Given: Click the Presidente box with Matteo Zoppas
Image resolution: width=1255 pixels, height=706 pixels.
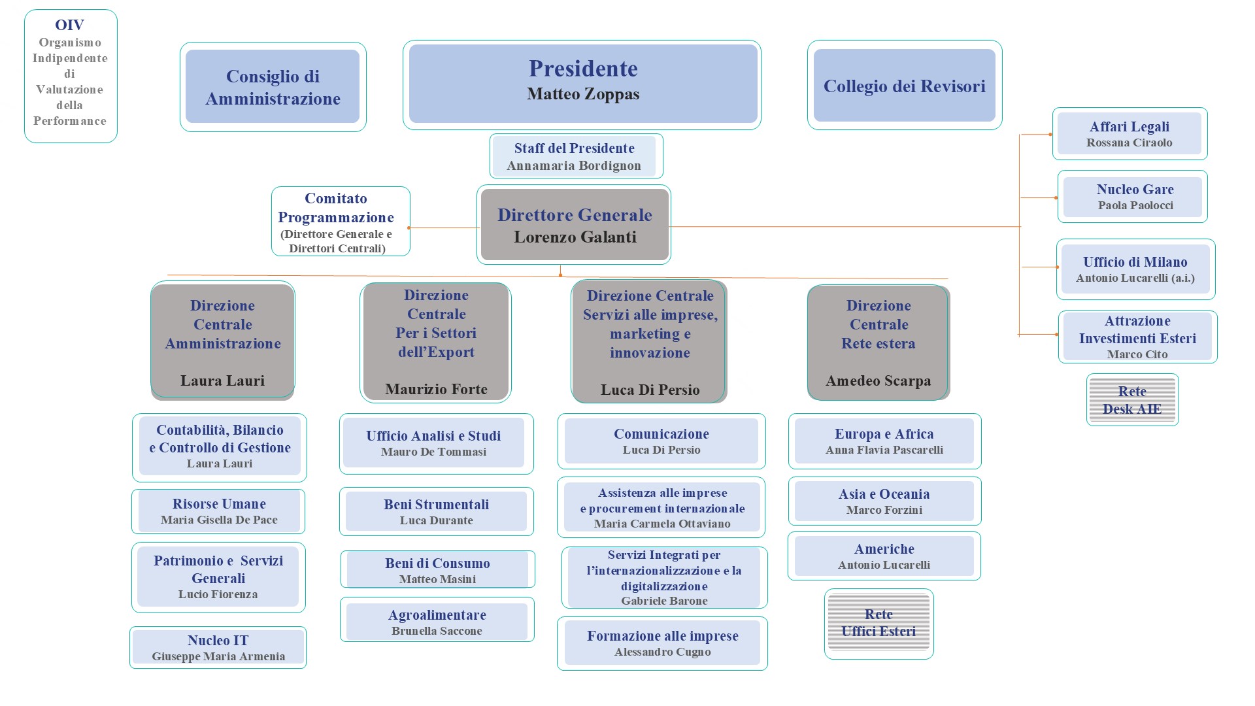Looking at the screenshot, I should [x=582, y=84].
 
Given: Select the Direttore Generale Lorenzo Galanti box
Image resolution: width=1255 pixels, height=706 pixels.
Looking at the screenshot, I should [x=575, y=225].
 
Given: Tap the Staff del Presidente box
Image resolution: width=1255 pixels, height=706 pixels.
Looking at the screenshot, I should [x=575, y=156].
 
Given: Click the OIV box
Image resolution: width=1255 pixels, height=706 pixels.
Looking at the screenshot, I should [x=70, y=76].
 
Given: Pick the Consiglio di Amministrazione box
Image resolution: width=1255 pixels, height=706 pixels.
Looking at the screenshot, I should [x=273, y=87].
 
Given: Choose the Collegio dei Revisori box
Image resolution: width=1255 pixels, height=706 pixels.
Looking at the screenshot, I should [x=904, y=86].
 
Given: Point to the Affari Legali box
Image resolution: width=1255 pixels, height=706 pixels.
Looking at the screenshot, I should [x=1129, y=134].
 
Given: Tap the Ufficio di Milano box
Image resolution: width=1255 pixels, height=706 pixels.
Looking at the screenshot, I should [x=1135, y=269].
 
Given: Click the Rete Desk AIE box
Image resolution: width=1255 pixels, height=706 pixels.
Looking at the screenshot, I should [x=1132, y=400].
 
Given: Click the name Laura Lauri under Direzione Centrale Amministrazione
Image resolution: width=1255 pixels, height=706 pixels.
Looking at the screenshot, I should [x=222, y=381].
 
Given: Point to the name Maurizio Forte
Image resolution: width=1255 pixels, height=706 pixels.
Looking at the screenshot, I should [x=436, y=390].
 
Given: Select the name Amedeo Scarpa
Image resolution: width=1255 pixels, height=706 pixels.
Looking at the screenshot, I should [x=878, y=381].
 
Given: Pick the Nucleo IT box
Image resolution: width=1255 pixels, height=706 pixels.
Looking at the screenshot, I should [x=218, y=648].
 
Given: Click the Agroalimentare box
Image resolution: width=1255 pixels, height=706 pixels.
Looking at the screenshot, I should [x=437, y=622].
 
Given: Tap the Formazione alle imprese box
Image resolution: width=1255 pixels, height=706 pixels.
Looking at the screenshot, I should [x=662, y=643].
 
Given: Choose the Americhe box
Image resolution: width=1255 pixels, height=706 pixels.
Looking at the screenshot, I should [x=884, y=556].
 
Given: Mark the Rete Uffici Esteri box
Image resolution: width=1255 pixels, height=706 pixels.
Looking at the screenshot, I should [x=878, y=623].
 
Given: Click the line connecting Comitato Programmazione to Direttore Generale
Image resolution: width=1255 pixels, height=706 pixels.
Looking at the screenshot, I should [x=444, y=227].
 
